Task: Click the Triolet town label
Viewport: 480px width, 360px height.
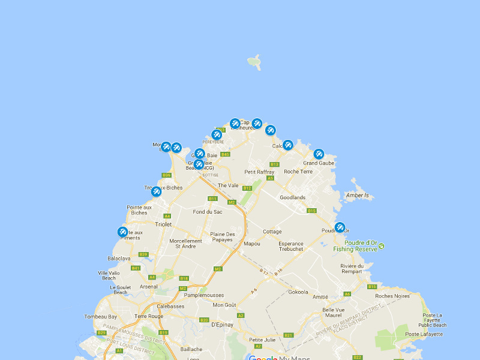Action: (x=163, y=224)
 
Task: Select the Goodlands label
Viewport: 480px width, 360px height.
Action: (x=293, y=197)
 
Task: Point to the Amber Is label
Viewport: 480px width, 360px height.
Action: (x=358, y=196)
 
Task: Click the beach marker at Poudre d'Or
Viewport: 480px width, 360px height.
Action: (x=340, y=227)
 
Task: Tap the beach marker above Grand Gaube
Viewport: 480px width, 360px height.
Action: (x=319, y=154)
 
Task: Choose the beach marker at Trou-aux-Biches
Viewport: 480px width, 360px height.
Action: (x=156, y=191)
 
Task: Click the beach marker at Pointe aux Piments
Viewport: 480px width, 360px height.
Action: (x=122, y=232)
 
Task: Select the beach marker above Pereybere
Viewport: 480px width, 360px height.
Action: (x=217, y=134)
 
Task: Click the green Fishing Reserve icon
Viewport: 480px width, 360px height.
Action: (x=382, y=245)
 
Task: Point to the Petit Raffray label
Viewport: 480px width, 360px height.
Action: (x=259, y=172)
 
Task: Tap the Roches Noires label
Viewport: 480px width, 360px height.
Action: (x=392, y=296)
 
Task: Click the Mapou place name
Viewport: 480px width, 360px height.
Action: (x=252, y=244)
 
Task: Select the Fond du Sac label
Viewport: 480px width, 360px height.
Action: (x=208, y=212)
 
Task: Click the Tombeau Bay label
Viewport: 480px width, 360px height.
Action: (x=100, y=316)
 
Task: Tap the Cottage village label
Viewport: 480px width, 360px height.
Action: (x=272, y=232)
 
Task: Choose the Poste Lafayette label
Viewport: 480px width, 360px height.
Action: (x=424, y=334)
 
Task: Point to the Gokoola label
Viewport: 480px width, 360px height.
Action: (x=298, y=292)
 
